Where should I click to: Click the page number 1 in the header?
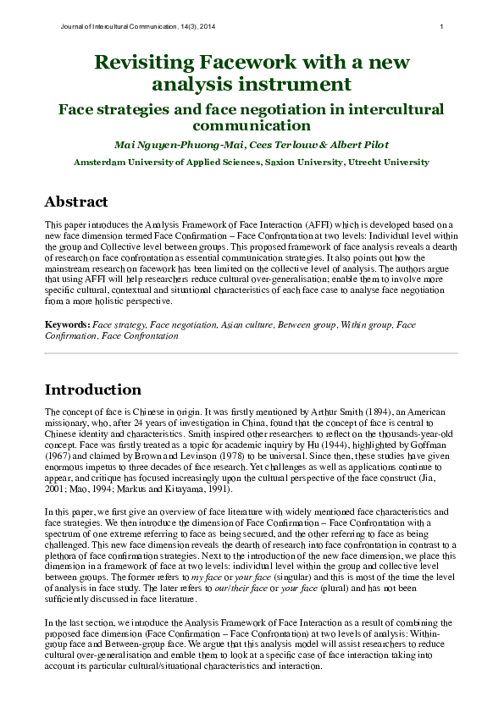click(x=442, y=27)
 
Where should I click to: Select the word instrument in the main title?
click(x=302, y=84)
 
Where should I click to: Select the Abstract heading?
click(x=76, y=202)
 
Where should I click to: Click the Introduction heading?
click(x=93, y=390)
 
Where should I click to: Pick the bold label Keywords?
click(x=67, y=324)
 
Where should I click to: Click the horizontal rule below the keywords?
click(x=252, y=352)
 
